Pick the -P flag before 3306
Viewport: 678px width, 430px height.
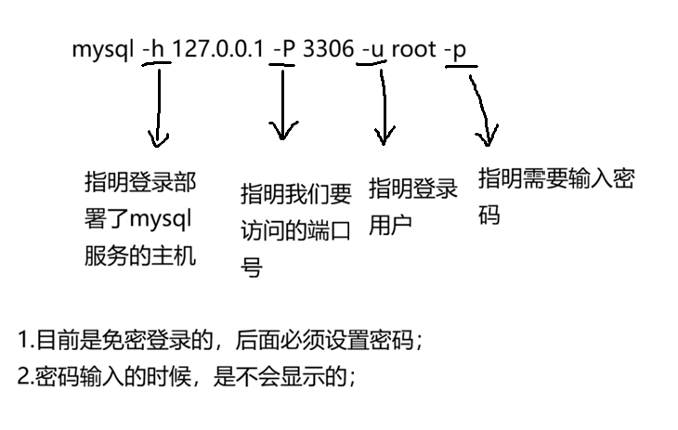pos(283,49)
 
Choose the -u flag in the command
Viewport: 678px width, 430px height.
pos(372,49)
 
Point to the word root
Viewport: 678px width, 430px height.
pos(413,49)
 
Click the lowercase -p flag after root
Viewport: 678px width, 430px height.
pos(456,49)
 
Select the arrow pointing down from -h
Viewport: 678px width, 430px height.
pos(160,107)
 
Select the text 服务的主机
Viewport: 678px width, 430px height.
pos(139,254)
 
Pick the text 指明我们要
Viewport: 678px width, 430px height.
pos(296,194)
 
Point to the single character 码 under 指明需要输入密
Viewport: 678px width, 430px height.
pos(489,215)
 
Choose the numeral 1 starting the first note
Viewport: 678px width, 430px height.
pos(22,342)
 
